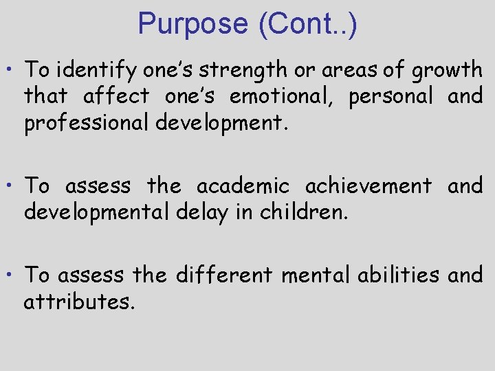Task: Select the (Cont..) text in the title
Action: click(x=307, y=23)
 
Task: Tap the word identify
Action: click(x=93, y=69)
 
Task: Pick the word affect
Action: click(x=115, y=96)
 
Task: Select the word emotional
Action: click(x=280, y=96)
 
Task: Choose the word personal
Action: click(x=390, y=96)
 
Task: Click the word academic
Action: click(x=244, y=185)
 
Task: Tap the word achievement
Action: click(x=368, y=185)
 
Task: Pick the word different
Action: click(x=225, y=275)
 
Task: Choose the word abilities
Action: click(x=398, y=275)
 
